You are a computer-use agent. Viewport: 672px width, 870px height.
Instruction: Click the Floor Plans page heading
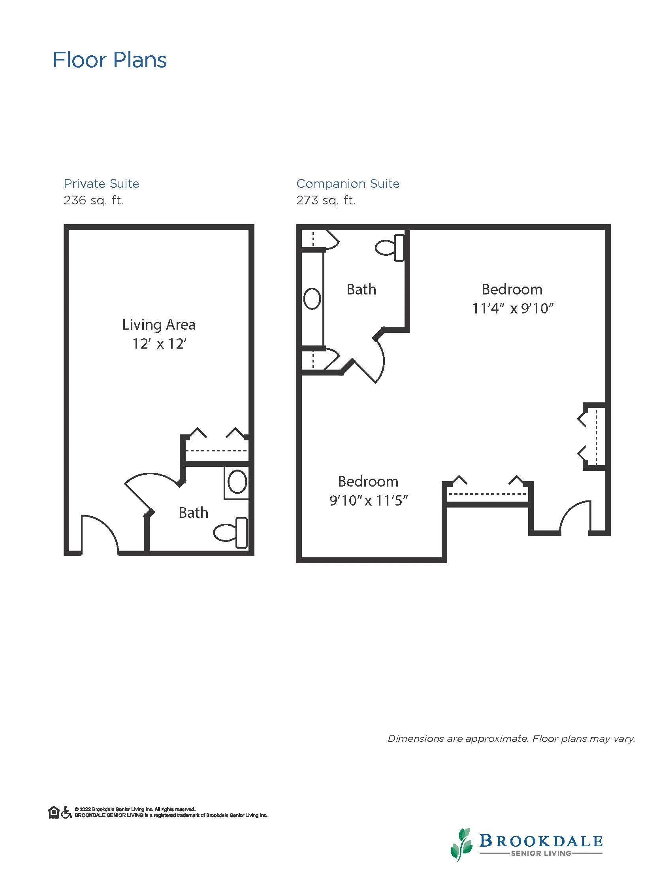[109, 60]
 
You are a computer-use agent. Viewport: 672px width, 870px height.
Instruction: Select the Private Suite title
[102, 184]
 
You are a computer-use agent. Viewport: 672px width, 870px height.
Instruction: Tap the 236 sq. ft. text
[94, 200]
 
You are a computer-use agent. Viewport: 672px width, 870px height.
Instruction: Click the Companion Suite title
[348, 184]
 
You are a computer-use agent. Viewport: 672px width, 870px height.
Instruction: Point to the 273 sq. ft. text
[326, 200]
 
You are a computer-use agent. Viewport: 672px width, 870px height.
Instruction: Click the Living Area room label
[159, 325]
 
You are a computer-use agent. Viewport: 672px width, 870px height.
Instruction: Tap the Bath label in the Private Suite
[194, 513]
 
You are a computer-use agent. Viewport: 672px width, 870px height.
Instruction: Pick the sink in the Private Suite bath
[237, 482]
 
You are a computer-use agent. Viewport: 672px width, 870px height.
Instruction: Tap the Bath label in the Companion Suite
[361, 290]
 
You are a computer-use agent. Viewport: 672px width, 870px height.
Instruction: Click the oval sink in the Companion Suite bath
[312, 299]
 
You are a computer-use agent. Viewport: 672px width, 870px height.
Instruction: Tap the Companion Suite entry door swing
[574, 514]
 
